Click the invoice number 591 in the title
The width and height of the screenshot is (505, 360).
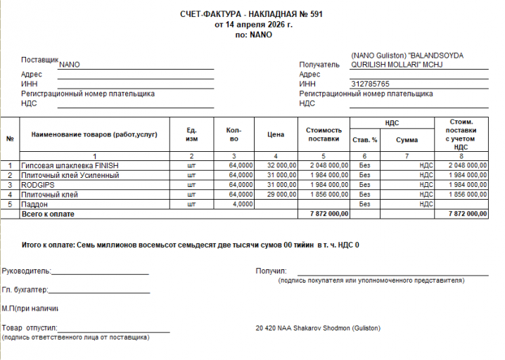point(314,15)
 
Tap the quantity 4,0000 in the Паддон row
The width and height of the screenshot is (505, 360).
point(241,204)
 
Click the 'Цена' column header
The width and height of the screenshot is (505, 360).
point(276,134)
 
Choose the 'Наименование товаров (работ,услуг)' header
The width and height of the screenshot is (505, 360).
point(89,134)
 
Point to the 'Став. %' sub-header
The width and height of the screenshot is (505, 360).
point(364,140)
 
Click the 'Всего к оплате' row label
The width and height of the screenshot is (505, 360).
point(48,213)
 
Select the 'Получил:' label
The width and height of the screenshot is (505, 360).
point(271,270)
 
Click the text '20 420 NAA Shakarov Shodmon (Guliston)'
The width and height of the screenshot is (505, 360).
point(319,328)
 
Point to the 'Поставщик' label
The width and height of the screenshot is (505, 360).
point(40,60)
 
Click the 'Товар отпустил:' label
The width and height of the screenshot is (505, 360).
point(30,328)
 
